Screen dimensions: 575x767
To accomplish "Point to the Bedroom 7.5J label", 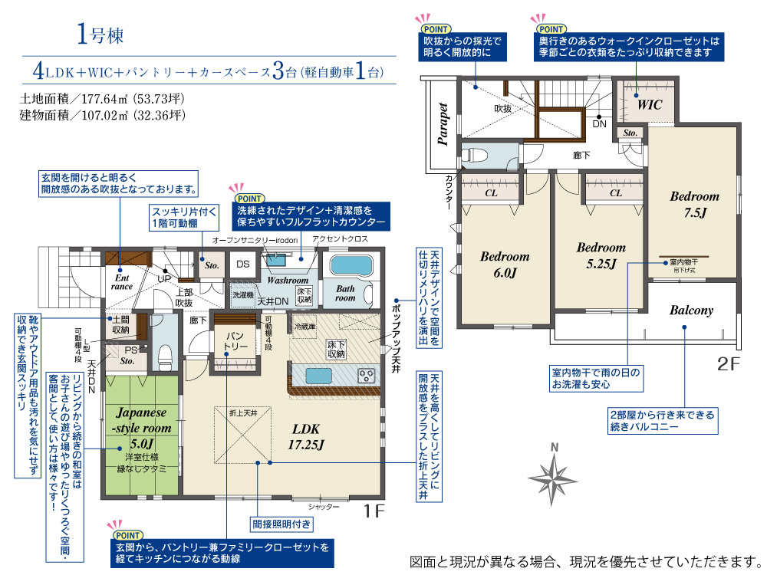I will [x=694, y=204].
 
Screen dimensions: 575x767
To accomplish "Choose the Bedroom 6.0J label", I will [x=505, y=264].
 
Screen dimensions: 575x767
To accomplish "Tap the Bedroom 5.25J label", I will [x=601, y=255].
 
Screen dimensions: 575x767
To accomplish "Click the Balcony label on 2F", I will [x=691, y=310].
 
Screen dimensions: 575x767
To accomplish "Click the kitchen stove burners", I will [x=366, y=376].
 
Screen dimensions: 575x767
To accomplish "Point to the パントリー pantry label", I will [x=235, y=341].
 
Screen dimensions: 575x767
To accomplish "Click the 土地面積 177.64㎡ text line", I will [x=102, y=99].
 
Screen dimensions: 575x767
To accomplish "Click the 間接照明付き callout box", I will [x=281, y=524].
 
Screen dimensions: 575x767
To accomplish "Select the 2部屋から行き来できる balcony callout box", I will [x=661, y=420].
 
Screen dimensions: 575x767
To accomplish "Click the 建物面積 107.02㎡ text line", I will [x=102, y=116].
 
